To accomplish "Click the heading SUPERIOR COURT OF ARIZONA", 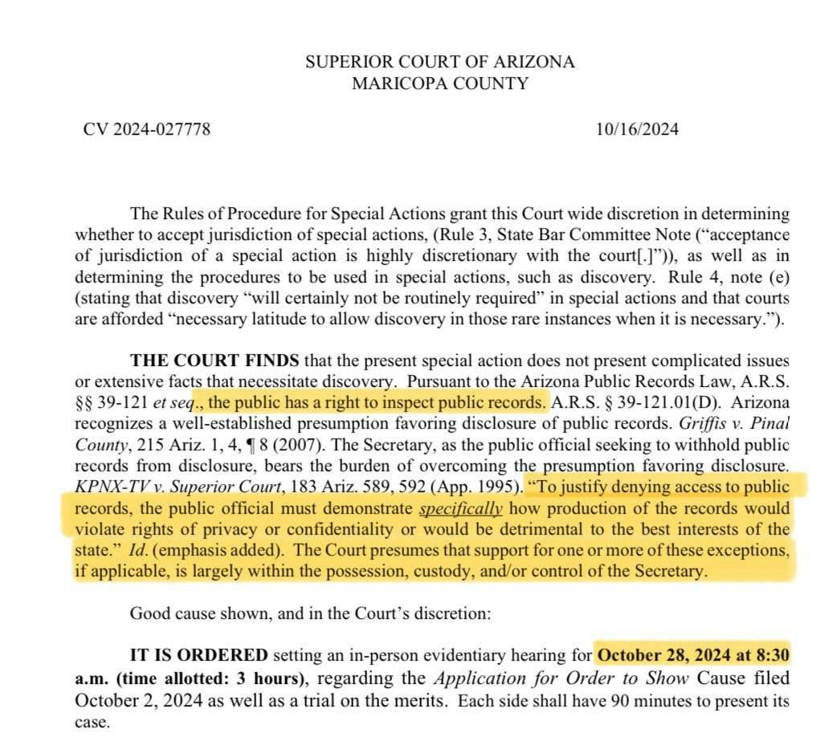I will pyautogui.click(x=439, y=62).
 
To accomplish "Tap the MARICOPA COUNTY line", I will pyautogui.click(x=439, y=83).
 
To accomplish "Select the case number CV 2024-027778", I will pyautogui.click(x=147, y=128).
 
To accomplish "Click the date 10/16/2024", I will pyautogui.click(x=637, y=128).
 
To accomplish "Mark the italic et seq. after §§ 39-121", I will pyautogui.click(x=169, y=402).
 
